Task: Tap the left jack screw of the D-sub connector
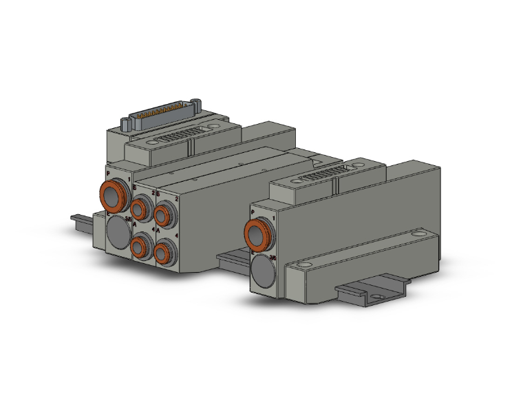[126, 124]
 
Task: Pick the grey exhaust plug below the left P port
[118, 231]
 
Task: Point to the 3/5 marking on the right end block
[273, 258]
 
